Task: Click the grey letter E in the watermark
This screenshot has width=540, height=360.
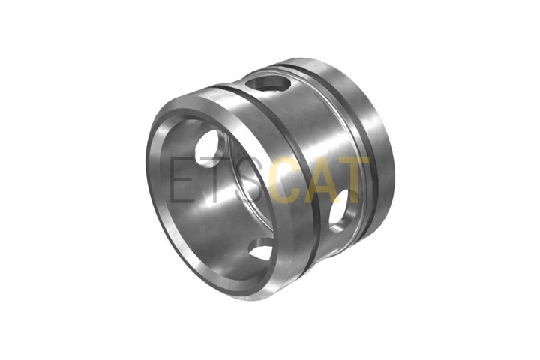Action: (181, 179)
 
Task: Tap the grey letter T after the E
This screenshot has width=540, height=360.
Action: (213, 179)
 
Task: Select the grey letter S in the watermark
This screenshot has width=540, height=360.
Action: (247, 179)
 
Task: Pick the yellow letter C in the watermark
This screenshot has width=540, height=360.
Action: (283, 179)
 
